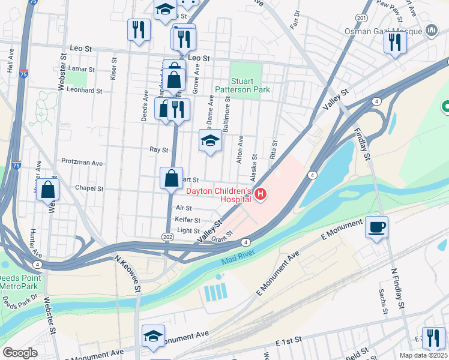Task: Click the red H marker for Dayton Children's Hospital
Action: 261,194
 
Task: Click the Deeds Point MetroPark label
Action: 20,282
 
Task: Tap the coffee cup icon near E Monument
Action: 376,227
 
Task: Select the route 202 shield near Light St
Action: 168,238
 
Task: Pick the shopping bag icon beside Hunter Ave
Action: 47,190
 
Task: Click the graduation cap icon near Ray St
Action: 210,141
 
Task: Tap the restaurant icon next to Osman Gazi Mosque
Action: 395,42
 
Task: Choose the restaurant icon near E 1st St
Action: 433,338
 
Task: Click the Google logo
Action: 20,353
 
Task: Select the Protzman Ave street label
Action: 82,162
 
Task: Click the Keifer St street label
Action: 187,220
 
